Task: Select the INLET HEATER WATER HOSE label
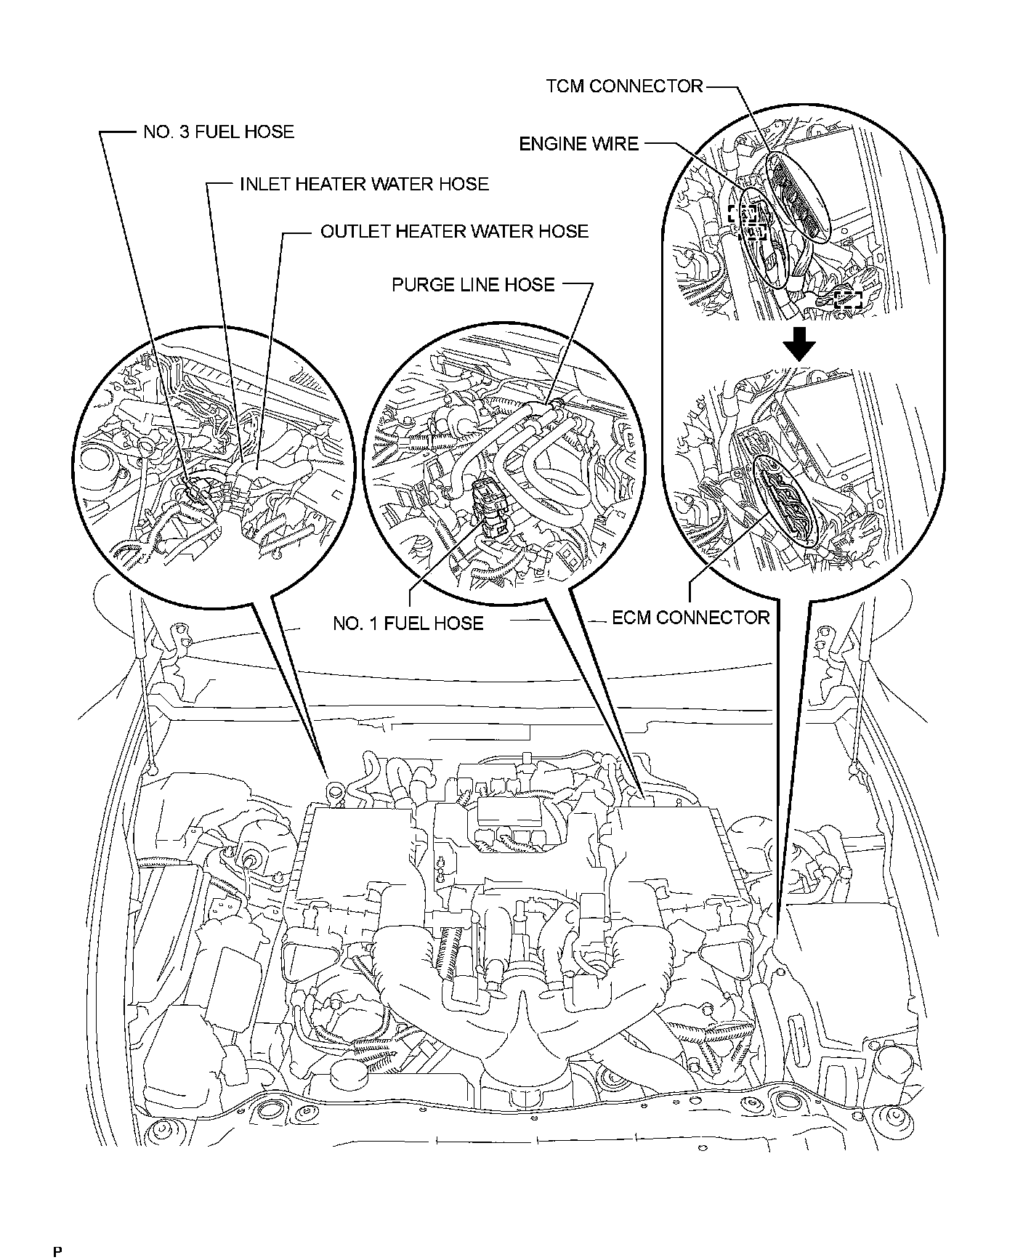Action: [x=364, y=184]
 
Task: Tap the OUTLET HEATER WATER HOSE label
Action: [x=454, y=232]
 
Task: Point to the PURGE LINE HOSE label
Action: [x=473, y=284]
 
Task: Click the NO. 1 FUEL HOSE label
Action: [x=408, y=623]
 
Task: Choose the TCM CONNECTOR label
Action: [x=625, y=86]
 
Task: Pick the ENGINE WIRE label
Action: [x=578, y=144]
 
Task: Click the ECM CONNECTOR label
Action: [x=690, y=618]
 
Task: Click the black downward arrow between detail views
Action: [x=800, y=344]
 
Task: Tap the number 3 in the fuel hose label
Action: [x=182, y=132]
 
